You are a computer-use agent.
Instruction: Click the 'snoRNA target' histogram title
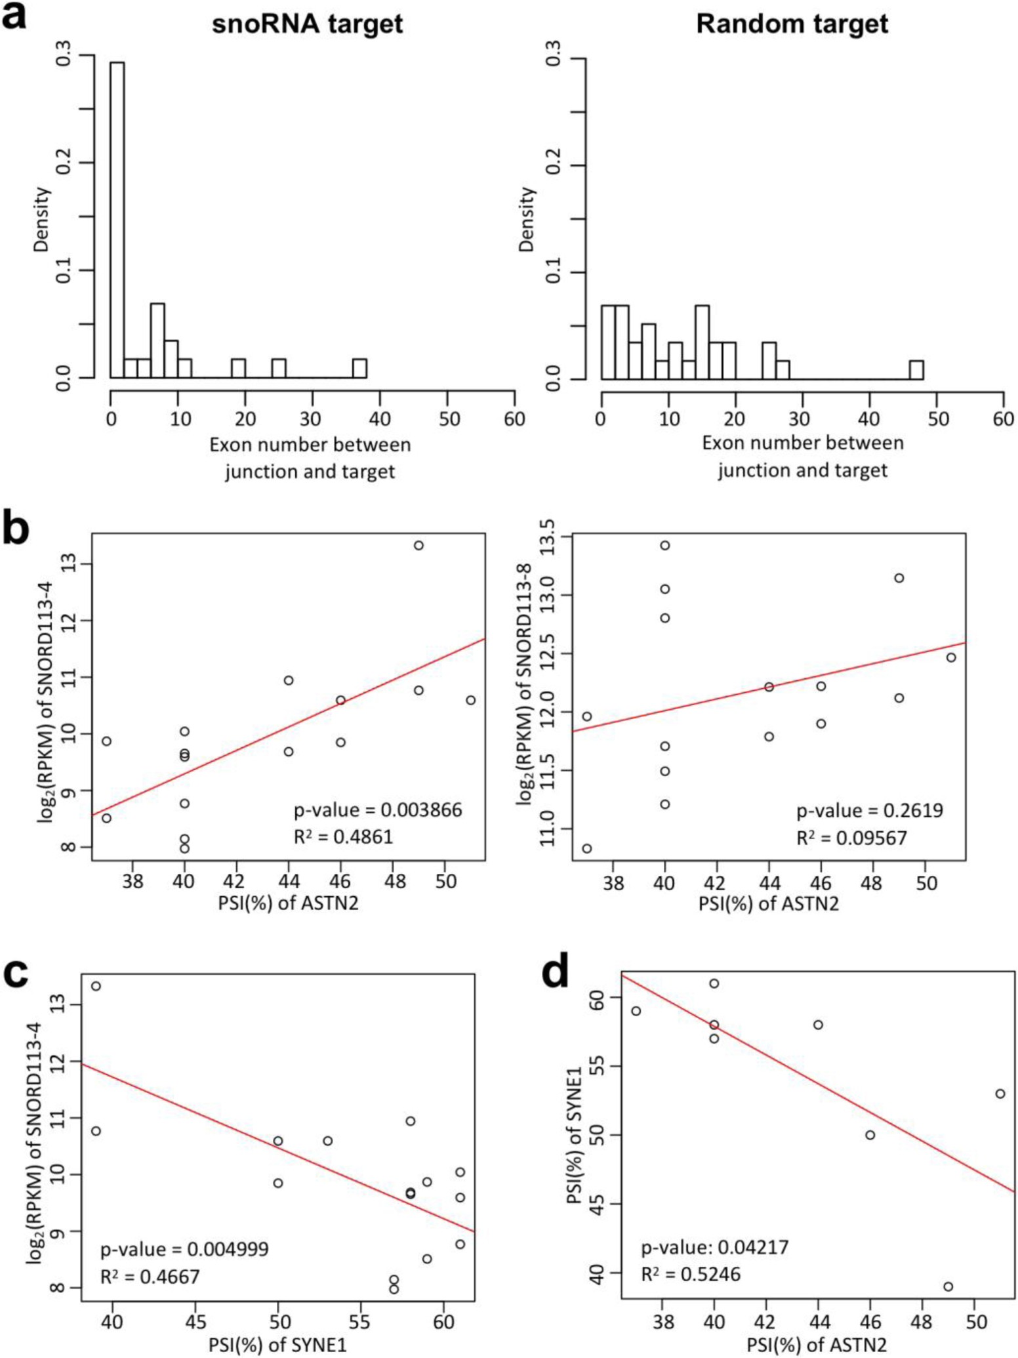(307, 24)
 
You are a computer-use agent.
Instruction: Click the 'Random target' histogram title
(792, 24)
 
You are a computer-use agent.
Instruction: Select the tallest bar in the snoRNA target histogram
(117, 220)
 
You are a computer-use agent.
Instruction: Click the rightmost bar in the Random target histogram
(916, 370)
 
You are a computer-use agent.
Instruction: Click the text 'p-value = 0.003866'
(378, 810)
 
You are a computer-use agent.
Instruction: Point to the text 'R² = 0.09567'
(851, 838)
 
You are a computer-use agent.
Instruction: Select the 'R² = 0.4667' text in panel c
(150, 1276)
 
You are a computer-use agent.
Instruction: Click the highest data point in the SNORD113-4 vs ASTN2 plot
(418, 545)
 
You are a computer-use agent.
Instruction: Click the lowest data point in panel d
(948, 1286)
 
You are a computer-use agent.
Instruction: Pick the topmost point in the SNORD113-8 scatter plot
(664, 545)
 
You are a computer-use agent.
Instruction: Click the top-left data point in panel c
(96, 986)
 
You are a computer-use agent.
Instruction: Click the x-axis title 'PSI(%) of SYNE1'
(277, 1345)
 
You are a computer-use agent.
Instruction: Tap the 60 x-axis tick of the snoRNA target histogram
(514, 419)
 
